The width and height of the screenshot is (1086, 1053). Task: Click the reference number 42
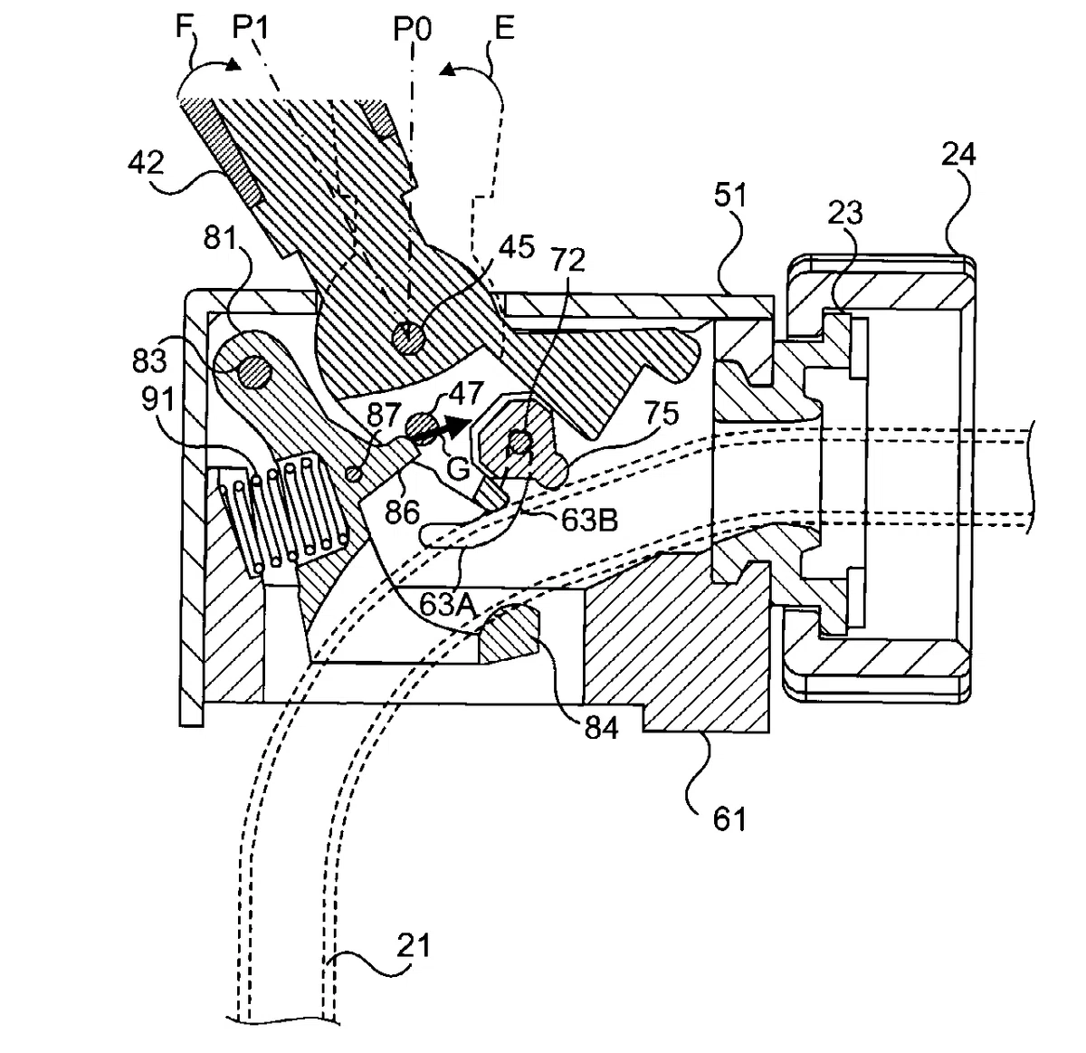coord(146,164)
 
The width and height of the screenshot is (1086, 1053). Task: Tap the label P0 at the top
coord(413,29)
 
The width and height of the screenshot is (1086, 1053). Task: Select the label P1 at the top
coord(251,28)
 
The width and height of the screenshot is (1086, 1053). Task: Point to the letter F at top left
coord(184,27)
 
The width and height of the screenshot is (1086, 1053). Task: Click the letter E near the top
coord(504,28)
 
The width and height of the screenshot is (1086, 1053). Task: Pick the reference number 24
coord(958,155)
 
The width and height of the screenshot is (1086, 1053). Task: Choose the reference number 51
coord(730,196)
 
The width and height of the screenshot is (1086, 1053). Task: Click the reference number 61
coord(729,819)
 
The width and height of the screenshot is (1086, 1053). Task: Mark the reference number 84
coord(601,728)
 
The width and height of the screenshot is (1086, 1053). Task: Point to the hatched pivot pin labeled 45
coord(408,337)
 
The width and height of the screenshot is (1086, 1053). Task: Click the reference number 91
coord(158,399)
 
